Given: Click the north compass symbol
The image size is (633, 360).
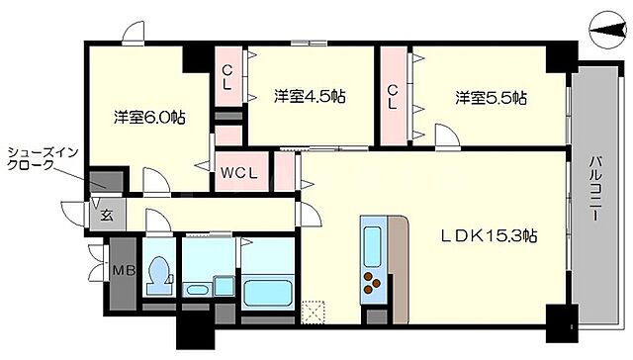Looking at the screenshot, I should (x=606, y=31).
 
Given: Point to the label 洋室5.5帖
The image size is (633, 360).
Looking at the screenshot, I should (x=491, y=98).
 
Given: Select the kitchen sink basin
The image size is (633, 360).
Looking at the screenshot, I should (x=375, y=239).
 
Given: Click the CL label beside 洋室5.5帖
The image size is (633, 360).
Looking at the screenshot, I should (x=393, y=96).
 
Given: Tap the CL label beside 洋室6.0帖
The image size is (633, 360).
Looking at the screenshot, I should (x=227, y=77).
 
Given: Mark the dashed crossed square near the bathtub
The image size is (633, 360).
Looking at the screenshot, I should (x=315, y=312).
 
